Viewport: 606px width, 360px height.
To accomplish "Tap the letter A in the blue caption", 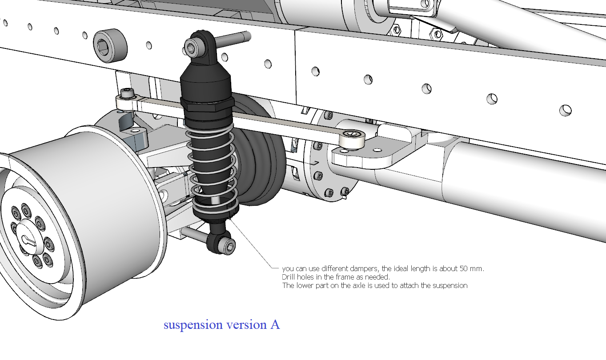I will pos(275,325).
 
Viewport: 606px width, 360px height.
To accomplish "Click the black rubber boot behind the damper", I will pos(260,151).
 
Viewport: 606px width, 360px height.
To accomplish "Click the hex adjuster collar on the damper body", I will pos(207,105).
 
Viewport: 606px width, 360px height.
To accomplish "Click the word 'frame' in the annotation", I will pos(341,277).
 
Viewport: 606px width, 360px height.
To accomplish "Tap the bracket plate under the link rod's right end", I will pos(378,156).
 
